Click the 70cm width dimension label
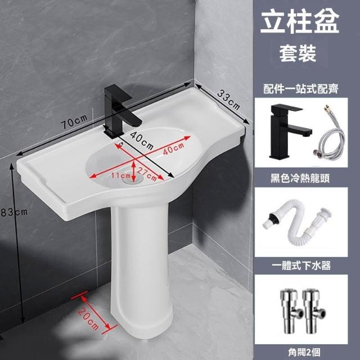74,121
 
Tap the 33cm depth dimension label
228,100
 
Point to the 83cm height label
14,212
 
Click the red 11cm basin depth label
121,175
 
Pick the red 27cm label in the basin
147,174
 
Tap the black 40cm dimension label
142,140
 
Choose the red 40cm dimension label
174,148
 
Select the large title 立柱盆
300,22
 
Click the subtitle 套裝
298,53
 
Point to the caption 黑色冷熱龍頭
300,178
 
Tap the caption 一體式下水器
301,265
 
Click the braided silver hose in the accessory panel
328,136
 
